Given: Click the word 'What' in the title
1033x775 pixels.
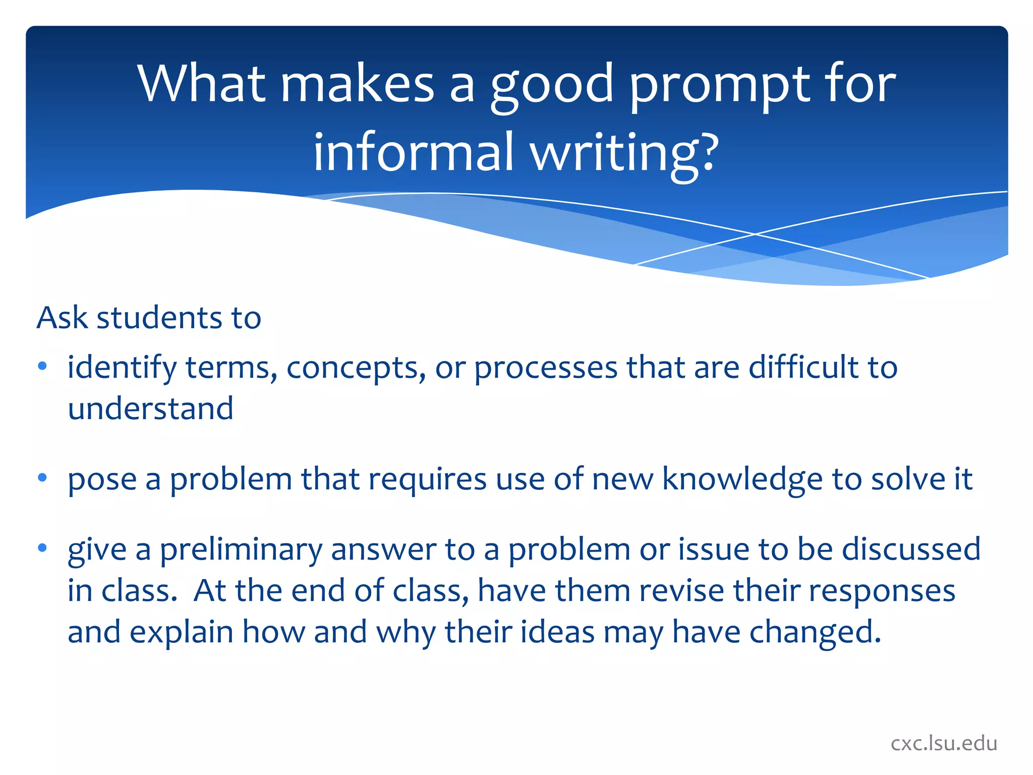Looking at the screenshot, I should (201, 84).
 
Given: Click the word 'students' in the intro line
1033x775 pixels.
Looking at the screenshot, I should (159, 318).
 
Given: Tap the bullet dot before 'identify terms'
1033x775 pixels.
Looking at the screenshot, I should (42, 366).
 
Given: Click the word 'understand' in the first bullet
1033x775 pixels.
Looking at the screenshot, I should (150, 409).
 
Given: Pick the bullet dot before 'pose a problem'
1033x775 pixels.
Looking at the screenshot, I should (42, 477).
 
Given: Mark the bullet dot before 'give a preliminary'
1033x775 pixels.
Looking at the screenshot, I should (42, 547).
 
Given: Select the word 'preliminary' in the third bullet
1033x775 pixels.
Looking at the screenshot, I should (241, 550).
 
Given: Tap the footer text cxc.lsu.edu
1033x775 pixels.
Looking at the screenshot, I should (943, 744).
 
